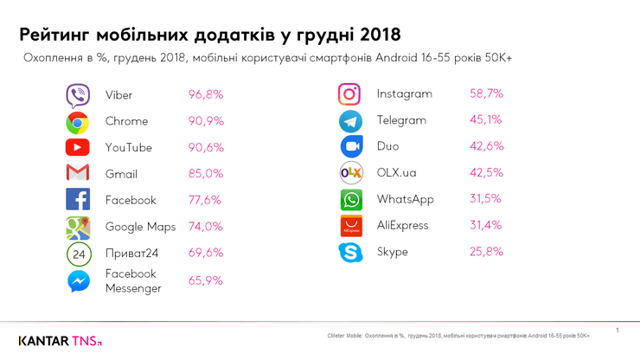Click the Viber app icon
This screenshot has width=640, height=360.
click(78, 95)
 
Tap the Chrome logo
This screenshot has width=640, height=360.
click(78, 122)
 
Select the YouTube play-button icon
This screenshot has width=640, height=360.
click(78, 148)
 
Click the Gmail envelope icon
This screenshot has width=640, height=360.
click(78, 174)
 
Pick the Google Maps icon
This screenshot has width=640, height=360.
click(78, 227)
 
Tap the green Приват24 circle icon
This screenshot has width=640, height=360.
click(78, 254)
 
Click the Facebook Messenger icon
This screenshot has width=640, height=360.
click(78, 281)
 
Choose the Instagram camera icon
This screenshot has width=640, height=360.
click(349, 94)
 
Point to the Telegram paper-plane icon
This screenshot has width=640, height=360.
click(349, 120)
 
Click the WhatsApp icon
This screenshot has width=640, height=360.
click(349, 200)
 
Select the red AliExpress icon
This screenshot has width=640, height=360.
click(349, 226)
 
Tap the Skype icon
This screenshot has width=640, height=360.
click(349, 253)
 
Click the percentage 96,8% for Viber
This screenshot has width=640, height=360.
click(206, 94)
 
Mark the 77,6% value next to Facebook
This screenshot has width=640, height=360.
click(206, 200)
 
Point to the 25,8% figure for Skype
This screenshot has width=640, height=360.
click(486, 252)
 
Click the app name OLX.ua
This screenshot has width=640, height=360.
click(396, 173)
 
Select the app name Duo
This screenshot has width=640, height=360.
click(387, 146)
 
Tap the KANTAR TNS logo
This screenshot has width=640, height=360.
click(61, 340)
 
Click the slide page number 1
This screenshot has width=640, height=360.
click(618, 331)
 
